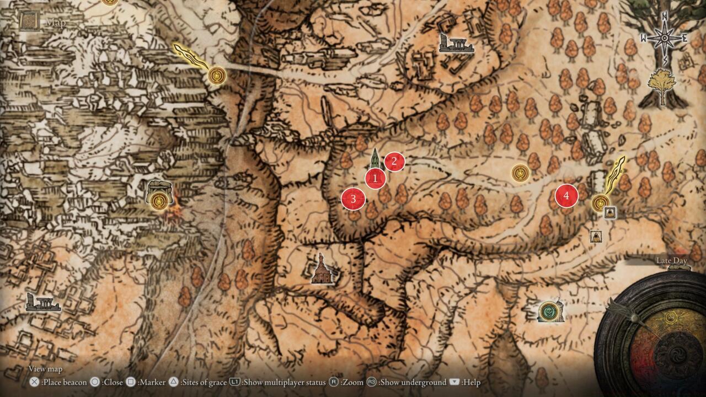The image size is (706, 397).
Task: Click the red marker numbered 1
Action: pyautogui.click(x=375, y=178)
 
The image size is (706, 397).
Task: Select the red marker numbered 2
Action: pyautogui.click(x=394, y=162)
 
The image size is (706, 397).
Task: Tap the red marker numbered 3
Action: pyautogui.click(x=353, y=199)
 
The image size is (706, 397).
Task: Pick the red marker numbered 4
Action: pyautogui.click(x=566, y=196)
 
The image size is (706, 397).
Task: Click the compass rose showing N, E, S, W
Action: pyautogui.click(x=664, y=38)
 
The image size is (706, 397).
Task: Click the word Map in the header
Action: pyautogui.click(x=56, y=23)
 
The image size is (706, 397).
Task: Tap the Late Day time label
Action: pyautogui.click(x=671, y=260)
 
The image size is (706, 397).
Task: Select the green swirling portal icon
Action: pyautogui.click(x=549, y=311)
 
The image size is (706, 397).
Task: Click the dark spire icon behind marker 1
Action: pyautogui.click(x=375, y=158)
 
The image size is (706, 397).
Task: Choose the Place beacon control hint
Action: pyautogui.click(x=59, y=382)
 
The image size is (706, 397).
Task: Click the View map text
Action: pyautogui.click(x=45, y=369)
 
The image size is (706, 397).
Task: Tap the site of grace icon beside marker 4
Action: pyautogui.click(x=600, y=203)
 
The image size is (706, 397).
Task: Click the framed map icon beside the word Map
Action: pyautogui.click(x=28, y=22)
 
